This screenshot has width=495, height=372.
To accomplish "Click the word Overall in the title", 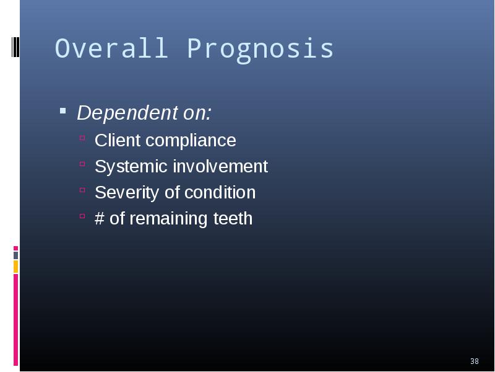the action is coord(111,48).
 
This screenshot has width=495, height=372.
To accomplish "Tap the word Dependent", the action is coord(127,113).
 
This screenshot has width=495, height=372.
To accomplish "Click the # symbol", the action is coord(100,219).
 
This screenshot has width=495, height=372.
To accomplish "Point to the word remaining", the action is coord(168,219).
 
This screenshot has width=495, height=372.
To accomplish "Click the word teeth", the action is coord(233,219).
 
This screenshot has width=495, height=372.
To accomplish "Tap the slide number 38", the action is coord(474,361).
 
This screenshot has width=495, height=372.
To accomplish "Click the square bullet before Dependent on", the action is coord(63,111).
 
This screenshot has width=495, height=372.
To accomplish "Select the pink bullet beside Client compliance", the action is coord(82,138).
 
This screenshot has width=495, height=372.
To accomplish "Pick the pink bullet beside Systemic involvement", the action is coord(82,164).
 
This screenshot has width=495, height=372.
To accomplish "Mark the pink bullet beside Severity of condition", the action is coord(82,190).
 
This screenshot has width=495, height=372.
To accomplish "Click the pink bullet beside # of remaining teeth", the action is coord(82,216).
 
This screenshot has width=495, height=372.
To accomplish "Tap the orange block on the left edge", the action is coord(15,267).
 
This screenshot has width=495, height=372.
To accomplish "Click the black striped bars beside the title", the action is coord(15,47).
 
